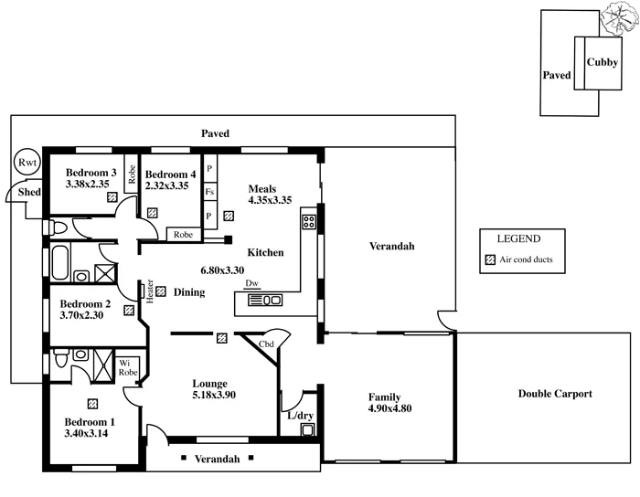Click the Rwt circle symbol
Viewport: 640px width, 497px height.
tap(26, 164)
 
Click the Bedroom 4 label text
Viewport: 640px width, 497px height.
tap(170, 174)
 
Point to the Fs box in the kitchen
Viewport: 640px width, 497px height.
tap(209, 192)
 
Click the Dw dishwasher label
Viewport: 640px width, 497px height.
tap(252, 283)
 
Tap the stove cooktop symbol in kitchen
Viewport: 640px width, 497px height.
tap(309, 219)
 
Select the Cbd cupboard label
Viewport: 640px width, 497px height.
tap(266, 344)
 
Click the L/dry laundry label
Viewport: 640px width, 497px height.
tap(300, 416)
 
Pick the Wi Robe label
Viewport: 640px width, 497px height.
tap(127, 368)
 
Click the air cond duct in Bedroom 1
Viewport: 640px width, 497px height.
tap(92, 403)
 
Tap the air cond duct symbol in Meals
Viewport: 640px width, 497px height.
tap(229, 217)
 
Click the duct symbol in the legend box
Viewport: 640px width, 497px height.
tap(490, 259)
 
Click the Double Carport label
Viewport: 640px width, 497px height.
tap(555, 394)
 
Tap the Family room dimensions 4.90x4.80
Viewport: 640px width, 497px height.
tap(389, 408)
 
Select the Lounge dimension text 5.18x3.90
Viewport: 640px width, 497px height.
tap(215, 395)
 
